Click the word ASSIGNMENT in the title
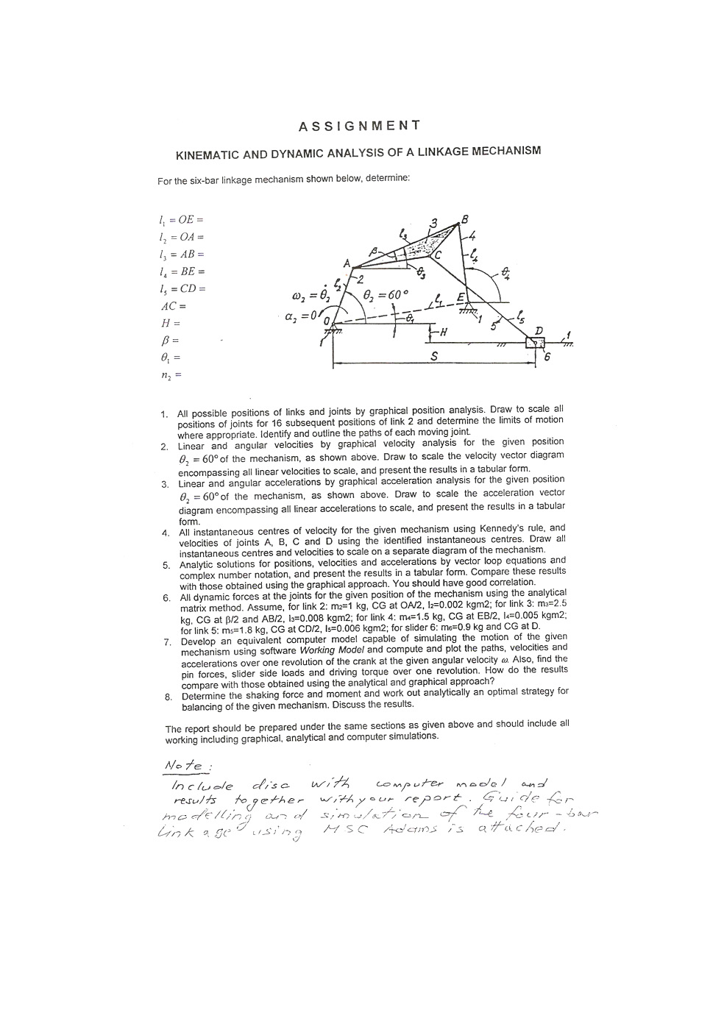(359, 126)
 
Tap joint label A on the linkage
(347, 263)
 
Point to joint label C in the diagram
(437, 255)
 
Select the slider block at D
(535, 343)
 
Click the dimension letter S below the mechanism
(434, 355)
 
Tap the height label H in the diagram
(443, 332)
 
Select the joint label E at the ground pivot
(461, 296)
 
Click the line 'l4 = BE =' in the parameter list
(180, 271)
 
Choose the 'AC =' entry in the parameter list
(173, 306)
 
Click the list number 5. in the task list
(166, 565)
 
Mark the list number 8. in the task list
(168, 696)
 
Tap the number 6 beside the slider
(546, 357)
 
